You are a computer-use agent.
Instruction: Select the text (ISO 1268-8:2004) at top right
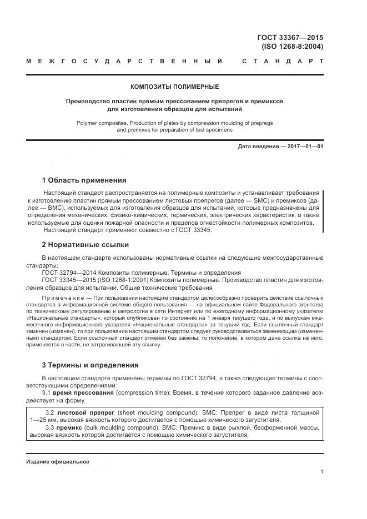pos(290,47)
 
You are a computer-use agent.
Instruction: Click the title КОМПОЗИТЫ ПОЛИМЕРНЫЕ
pos(174,87)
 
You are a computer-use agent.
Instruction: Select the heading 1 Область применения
pos(84,180)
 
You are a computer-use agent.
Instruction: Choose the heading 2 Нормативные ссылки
pos(86,244)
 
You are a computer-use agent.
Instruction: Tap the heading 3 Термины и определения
pos(92,365)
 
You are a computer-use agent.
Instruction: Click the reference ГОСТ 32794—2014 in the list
pos(69,273)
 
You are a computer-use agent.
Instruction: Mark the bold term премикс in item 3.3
pos(69,429)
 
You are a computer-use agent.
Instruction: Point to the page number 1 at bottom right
pos(321,472)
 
